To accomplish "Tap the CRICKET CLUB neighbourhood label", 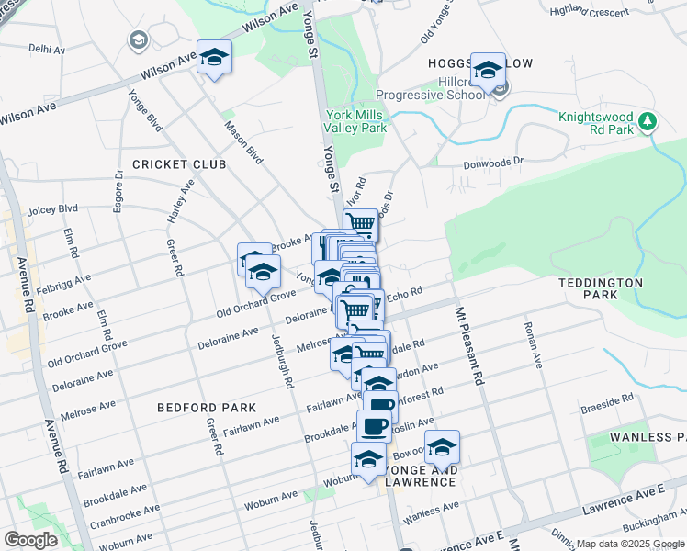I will [x=178, y=164].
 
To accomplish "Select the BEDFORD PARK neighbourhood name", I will [x=206, y=407].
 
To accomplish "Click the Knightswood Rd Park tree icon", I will [x=648, y=121].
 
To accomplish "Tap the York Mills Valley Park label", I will [x=356, y=122].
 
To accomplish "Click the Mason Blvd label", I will [x=244, y=143].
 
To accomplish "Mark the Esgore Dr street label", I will [x=118, y=189].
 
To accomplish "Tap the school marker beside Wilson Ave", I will [x=214, y=58].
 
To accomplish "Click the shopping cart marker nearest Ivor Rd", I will [x=361, y=223].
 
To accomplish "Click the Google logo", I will [x=30, y=540].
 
